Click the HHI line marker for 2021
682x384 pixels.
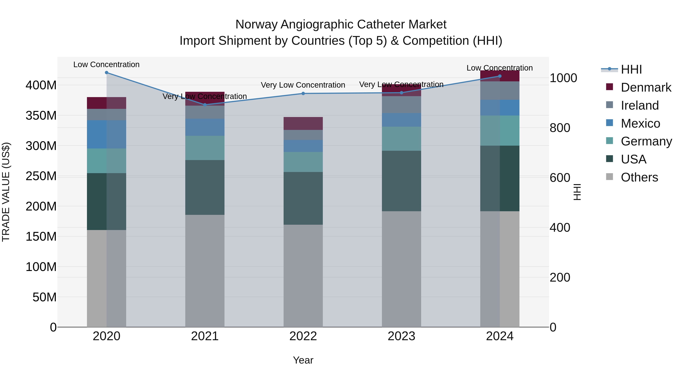[x=205, y=105]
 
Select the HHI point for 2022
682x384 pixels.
[x=303, y=93]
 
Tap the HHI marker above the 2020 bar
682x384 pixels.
[x=106, y=73]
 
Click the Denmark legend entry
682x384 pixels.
[x=645, y=87]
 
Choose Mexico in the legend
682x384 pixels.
[x=640, y=123]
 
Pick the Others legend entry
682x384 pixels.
[x=639, y=177]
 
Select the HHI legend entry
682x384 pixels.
[x=631, y=69]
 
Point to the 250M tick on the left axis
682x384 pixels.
[x=41, y=176]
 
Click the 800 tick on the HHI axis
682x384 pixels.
[x=560, y=128]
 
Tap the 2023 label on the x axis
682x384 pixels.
[x=401, y=336]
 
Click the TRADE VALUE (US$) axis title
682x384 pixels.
[x=6, y=192]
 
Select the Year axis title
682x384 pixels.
[x=303, y=360]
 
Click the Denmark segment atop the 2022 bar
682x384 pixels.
[x=303, y=123]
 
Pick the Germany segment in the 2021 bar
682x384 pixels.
[x=205, y=148]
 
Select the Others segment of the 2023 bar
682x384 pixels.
[x=401, y=269]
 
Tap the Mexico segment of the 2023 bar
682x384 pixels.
[x=401, y=120]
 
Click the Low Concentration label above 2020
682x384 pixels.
[x=106, y=64]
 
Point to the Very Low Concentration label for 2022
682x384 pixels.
[x=303, y=85]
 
